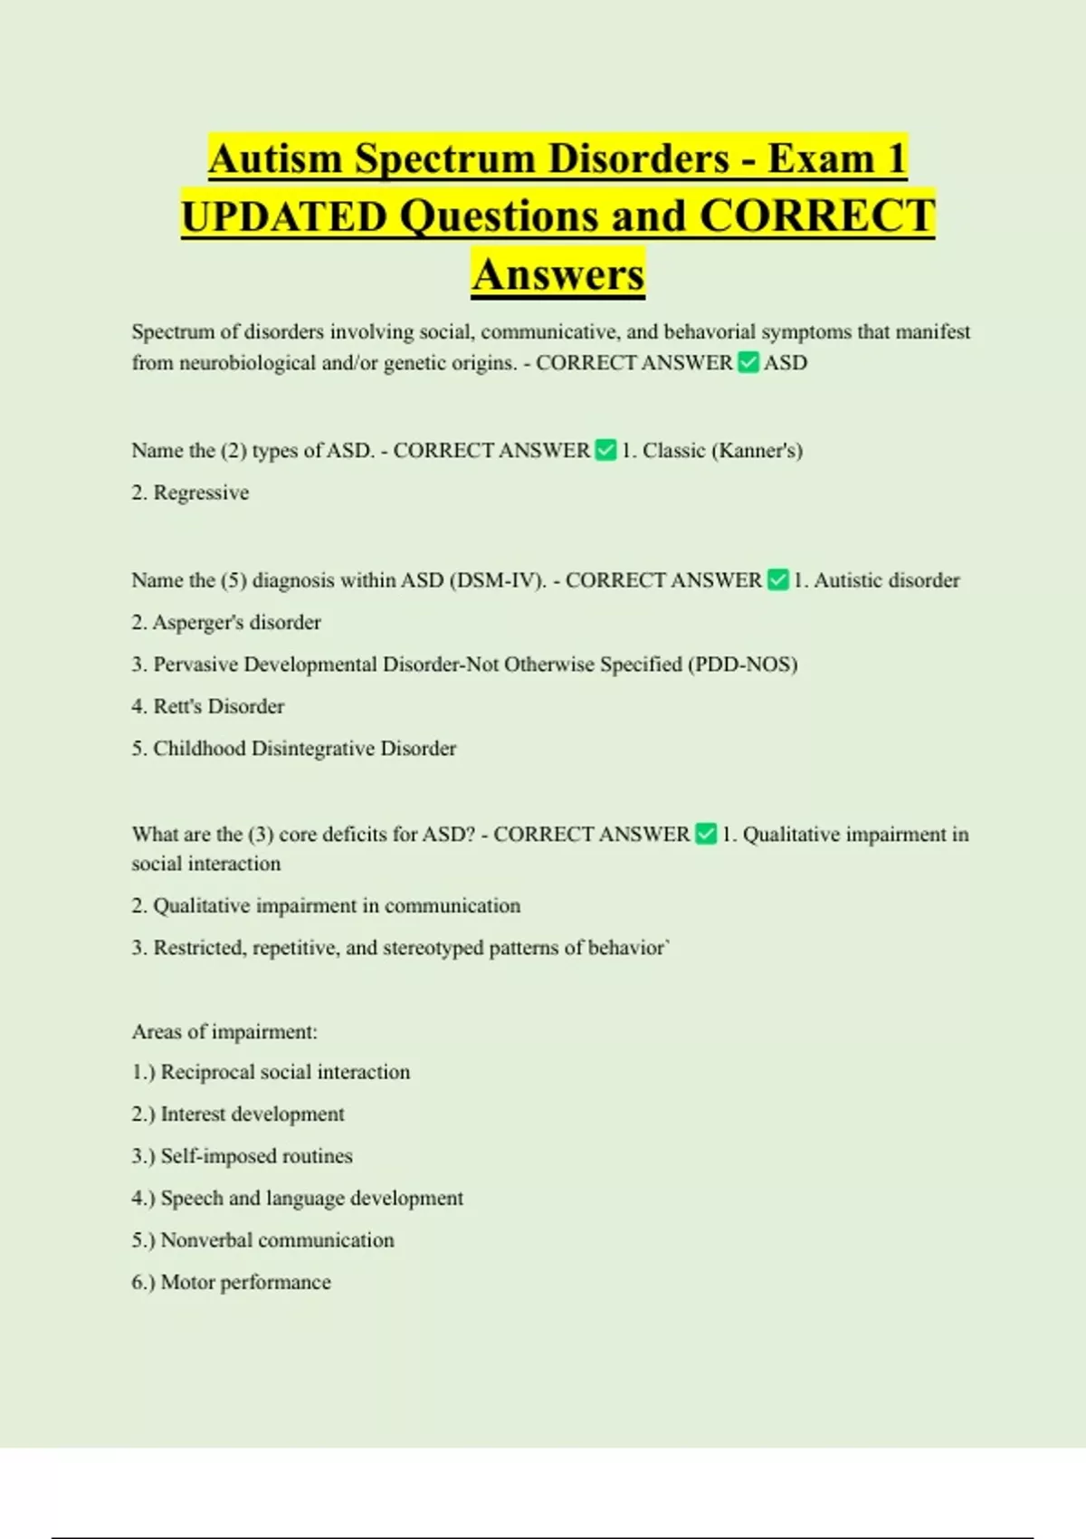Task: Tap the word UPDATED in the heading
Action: pos(284,217)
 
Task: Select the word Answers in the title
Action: pos(557,274)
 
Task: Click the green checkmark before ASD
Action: pos(748,363)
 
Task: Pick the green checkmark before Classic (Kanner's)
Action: pos(605,450)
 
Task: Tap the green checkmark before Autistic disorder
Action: pos(777,580)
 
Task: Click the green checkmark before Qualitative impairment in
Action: pos(706,834)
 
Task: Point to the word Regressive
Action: pos(201,492)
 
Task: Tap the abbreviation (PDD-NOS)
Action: pos(743,664)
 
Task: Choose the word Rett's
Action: pos(177,706)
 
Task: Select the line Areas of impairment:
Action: pos(224,1032)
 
